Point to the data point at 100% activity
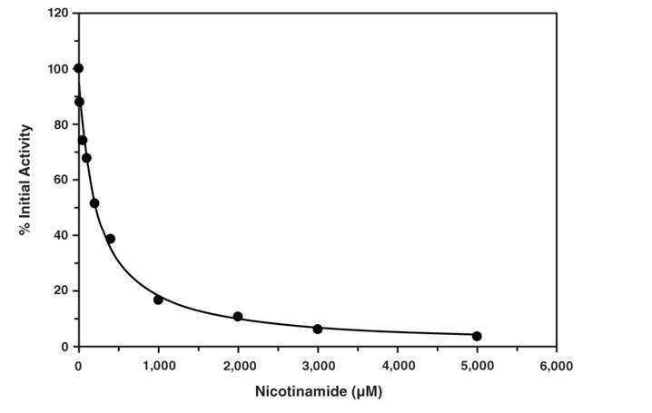point(78,68)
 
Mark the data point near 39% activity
point(110,239)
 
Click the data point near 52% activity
point(94,203)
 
